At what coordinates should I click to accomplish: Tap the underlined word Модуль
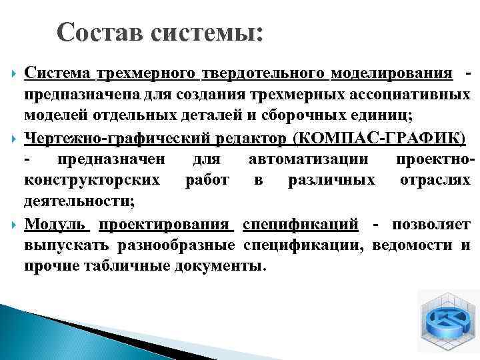(x=57, y=223)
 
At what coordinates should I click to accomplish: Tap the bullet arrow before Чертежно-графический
(x=9, y=137)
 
